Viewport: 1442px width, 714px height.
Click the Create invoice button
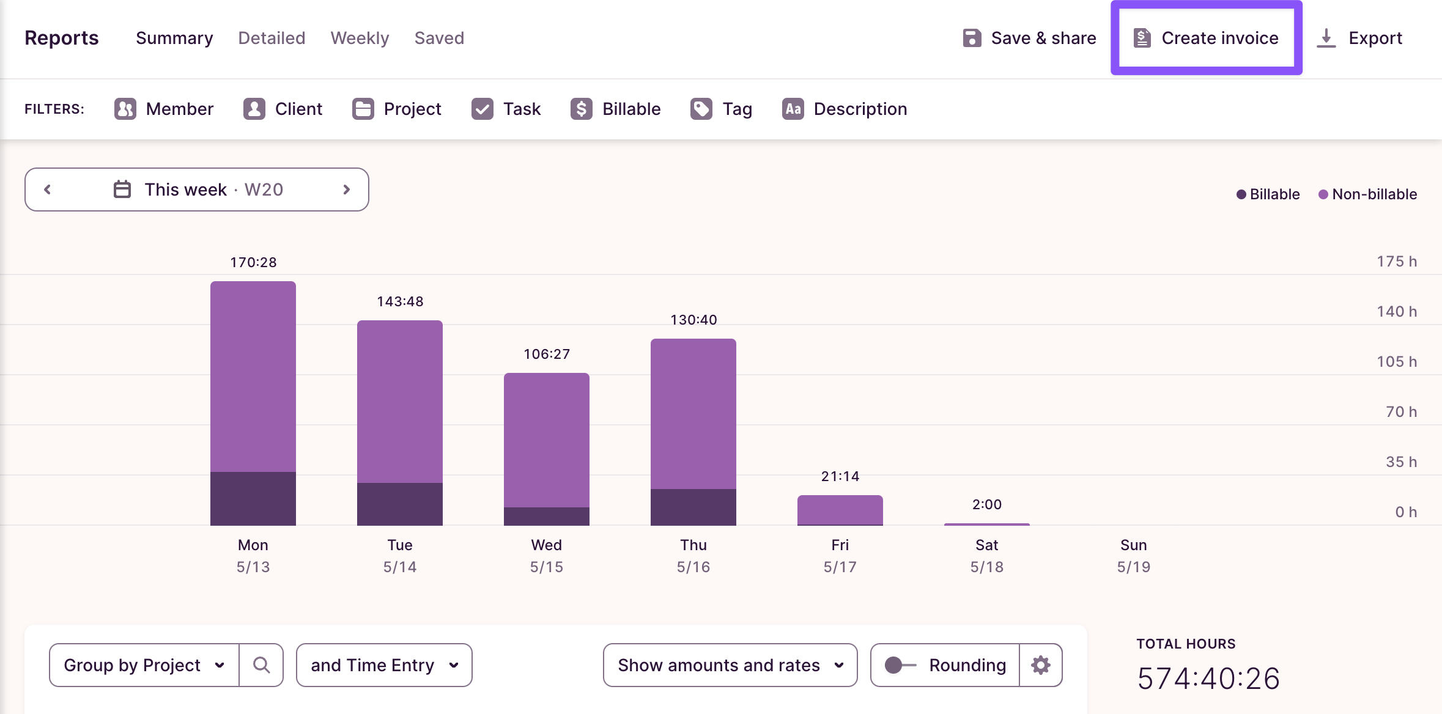1206,38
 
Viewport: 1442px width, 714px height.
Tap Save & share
1029,38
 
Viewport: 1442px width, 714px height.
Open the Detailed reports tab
272,38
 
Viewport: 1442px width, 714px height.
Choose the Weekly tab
360,38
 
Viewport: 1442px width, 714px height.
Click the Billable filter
616,109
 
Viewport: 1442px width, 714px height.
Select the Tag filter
722,109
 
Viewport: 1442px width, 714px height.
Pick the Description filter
845,109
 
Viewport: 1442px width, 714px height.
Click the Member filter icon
125,109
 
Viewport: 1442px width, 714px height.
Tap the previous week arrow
48,190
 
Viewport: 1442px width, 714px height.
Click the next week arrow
346,190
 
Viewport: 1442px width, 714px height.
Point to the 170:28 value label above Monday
253,262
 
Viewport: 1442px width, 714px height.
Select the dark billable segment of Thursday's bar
693,507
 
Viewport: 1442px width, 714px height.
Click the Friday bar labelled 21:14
840,509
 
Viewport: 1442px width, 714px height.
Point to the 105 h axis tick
1396,361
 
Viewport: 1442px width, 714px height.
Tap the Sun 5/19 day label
1133,555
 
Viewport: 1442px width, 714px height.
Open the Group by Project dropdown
144,665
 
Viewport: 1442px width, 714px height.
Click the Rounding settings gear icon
1040,665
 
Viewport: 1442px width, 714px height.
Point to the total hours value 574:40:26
1208,679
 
